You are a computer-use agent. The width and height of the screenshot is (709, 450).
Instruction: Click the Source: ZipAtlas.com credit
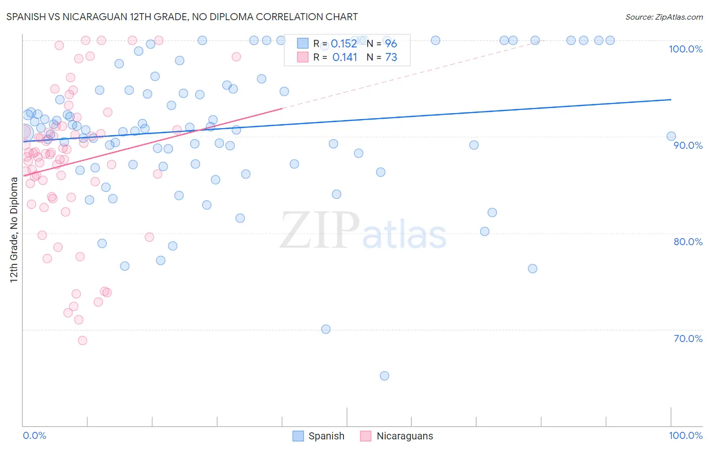coord(664,17)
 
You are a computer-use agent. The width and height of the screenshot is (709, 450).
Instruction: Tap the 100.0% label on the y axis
coord(685,49)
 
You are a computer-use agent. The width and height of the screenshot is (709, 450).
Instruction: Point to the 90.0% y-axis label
coord(688,145)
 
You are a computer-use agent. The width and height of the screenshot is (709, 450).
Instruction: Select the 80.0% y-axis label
coord(688,242)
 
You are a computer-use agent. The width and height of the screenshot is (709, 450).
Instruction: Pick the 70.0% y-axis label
coord(688,339)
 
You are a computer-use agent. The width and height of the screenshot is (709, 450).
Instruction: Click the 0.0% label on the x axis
coord(35,435)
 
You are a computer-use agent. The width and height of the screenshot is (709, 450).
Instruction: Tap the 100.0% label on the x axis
coord(685,435)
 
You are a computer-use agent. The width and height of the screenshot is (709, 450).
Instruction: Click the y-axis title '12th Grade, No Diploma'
coord(14,230)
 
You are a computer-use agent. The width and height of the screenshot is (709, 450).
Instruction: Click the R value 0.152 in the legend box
coord(344,44)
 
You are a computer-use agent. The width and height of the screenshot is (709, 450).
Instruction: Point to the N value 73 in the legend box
coord(391,58)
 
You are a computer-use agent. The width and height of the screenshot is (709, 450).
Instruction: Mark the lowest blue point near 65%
coord(384,376)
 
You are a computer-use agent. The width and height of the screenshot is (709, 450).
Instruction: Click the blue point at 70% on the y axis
coord(326,329)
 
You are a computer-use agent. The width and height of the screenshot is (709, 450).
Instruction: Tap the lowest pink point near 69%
coord(82,341)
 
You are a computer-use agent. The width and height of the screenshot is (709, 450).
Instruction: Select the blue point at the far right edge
coord(671,136)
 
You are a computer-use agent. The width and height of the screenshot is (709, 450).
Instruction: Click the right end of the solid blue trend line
coord(671,99)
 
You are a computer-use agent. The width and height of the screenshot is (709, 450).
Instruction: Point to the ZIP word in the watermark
coord(320,231)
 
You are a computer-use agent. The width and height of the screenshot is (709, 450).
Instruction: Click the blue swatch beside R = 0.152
coord(303,43)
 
